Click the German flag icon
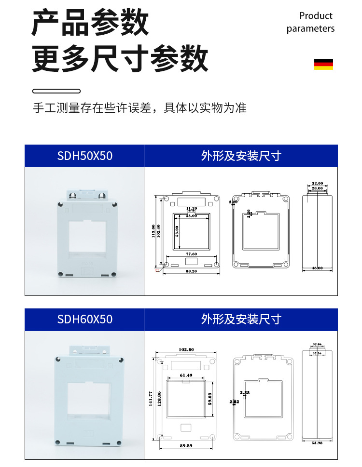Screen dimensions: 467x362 pyautogui.click(x=323, y=64)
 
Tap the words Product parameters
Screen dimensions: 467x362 pyautogui.click(x=310, y=22)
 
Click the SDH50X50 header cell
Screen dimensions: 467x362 pyautogui.click(x=84, y=156)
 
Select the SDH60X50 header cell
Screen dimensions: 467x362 pyautogui.click(x=84, y=319)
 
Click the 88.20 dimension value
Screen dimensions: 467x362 pyautogui.click(x=191, y=272)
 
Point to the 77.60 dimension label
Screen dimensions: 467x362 pyautogui.click(x=191, y=254)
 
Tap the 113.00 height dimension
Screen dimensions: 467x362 pyautogui.click(x=153, y=232)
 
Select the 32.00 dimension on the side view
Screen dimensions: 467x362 pyautogui.click(x=317, y=184)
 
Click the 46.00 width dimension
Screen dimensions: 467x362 pyautogui.click(x=317, y=268)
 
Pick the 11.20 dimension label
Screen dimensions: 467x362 pyautogui.click(x=191, y=208)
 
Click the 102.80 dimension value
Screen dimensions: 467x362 pyautogui.click(x=186, y=349)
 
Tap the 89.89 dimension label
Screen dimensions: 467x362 pyautogui.click(x=186, y=446)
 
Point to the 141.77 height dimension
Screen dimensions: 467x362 pyautogui.click(x=151, y=398)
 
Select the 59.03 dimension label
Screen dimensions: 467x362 pyautogui.click(x=210, y=398)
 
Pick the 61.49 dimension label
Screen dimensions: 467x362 pyautogui.click(x=186, y=375)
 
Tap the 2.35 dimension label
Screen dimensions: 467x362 pyautogui.click(x=245, y=393)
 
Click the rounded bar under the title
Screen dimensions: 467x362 pyautogui.click(x=56, y=91)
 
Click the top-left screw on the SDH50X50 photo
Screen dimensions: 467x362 pyautogui.click(x=60, y=205)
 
